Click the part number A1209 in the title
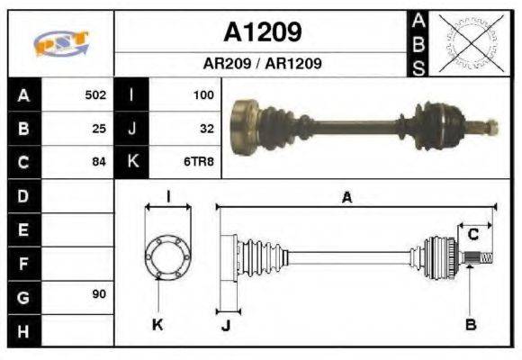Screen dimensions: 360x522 coord(262,32)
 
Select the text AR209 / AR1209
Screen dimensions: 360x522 coord(262,65)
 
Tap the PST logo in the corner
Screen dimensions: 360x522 coord(60,42)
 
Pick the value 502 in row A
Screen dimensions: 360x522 coord(94,94)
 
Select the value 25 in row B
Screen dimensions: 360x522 coord(99,128)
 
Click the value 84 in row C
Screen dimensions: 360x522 coord(99,162)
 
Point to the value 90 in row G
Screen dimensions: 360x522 coord(99,295)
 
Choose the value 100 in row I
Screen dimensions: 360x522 coord(203,94)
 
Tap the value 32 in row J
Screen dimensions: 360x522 coord(206,128)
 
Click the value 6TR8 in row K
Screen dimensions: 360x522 coord(199,162)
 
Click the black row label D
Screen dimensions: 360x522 coord(22,195)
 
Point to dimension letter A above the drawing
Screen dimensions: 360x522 coord(346,197)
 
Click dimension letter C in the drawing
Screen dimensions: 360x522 coord(472,236)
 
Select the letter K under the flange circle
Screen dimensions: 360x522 coord(157,324)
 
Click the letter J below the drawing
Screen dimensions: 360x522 coord(225,326)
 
